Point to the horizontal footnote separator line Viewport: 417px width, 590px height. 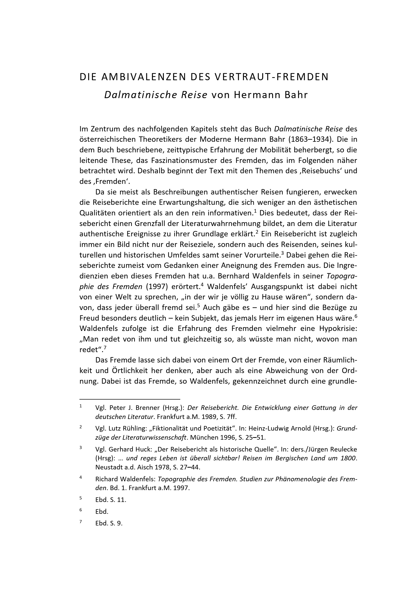(130, 399)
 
